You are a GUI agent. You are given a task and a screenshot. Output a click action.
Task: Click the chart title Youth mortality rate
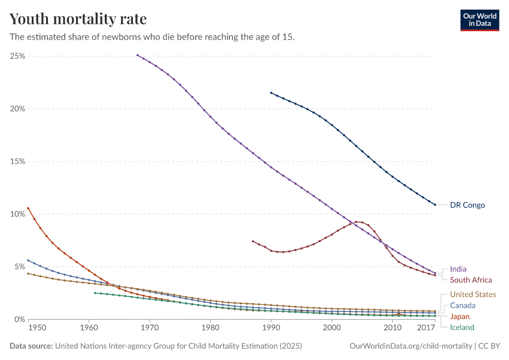78,19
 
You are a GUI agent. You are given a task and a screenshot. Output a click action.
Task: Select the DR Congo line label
467,205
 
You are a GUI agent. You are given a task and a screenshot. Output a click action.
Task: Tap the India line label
458,269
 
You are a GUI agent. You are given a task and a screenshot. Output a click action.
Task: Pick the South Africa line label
471,280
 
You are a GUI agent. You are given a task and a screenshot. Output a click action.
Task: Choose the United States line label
472,295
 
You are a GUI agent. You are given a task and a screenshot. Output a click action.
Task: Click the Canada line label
462,305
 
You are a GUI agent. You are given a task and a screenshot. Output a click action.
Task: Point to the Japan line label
460,316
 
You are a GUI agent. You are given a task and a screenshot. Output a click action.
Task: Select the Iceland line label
462,327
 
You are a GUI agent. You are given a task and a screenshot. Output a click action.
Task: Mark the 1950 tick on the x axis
37,328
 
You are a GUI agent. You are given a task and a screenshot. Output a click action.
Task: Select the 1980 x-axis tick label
210,328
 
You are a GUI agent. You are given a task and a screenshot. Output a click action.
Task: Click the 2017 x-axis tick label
426,328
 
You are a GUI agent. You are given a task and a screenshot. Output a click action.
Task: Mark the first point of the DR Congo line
271,93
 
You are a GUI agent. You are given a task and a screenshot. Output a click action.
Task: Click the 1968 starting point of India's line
137,55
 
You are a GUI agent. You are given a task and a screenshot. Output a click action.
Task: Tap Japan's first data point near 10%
28,208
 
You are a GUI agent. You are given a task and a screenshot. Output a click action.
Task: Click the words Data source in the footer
31,346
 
